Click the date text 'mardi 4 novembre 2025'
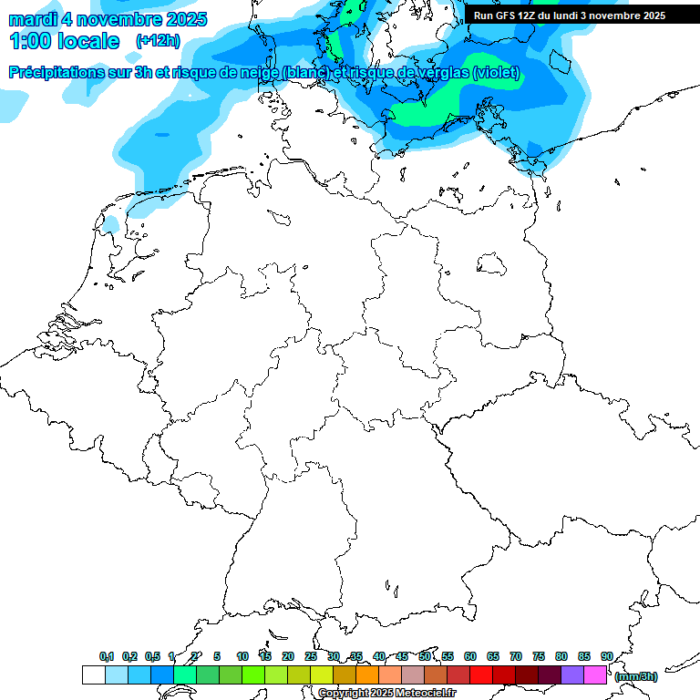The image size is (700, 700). pos(108,19)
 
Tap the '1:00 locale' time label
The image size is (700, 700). pos(64,41)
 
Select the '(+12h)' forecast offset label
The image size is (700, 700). pos(158,41)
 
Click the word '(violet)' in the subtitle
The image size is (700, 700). pos(497,73)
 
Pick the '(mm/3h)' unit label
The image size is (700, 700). pos(636,676)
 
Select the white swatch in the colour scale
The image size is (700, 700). pos(93,675)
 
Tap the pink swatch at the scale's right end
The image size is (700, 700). pos(595,675)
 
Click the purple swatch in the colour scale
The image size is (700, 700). pos(572,675)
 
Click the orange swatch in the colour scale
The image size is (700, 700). pos(367,675)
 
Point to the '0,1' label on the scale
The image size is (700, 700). pos(107,656)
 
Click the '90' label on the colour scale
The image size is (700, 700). pos(607,656)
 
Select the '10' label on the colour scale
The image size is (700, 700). pos(242,656)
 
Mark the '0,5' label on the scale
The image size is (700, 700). pos(152,656)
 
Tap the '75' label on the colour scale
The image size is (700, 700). pos(539,656)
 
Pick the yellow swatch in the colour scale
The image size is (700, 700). pos(322,675)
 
